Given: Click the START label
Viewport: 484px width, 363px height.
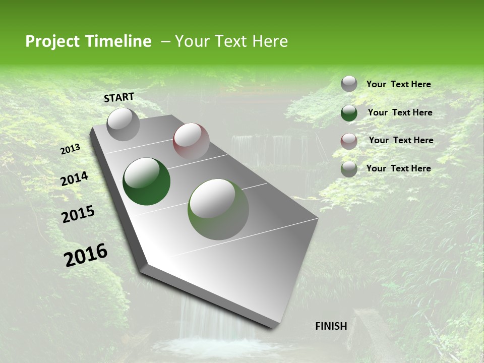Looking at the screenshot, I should (119, 97).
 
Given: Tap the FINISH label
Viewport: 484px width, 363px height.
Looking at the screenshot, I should (331, 326).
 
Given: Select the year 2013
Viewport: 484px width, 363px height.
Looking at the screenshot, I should (70, 149).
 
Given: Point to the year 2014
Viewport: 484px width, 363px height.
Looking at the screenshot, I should (74, 179).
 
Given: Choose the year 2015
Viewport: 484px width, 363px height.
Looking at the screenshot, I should (78, 214).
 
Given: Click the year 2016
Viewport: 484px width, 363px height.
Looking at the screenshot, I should (85, 255).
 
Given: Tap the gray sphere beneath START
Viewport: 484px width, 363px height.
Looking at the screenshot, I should (123, 124).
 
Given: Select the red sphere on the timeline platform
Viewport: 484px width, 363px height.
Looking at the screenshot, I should (191, 141).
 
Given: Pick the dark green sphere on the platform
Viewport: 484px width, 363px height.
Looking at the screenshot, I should (146, 181).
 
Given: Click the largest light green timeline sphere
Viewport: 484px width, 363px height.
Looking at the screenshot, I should (218, 209).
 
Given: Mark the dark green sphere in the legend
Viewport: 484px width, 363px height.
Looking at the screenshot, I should (349, 113).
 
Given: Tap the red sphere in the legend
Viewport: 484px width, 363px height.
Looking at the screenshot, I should (349, 141).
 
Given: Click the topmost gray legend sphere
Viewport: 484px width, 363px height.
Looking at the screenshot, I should (349, 84).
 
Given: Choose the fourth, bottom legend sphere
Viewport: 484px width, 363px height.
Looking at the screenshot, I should (349, 169).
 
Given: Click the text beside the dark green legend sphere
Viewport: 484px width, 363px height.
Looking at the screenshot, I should (400, 112).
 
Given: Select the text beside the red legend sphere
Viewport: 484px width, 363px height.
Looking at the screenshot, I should (401, 140).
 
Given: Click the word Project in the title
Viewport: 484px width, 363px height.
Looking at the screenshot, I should (52, 41).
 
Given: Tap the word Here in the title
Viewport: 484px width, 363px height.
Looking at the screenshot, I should (270, 41).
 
